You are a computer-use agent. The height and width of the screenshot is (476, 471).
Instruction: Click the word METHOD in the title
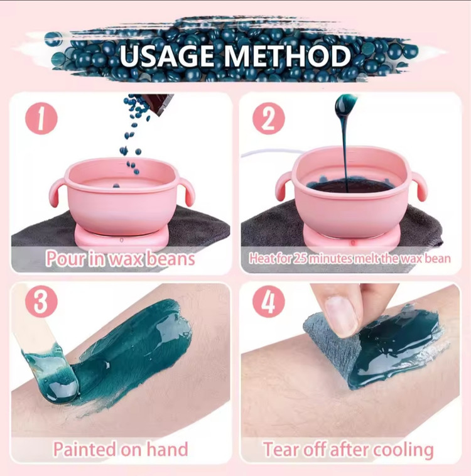287,56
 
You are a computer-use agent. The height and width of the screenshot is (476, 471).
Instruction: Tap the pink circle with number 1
41,119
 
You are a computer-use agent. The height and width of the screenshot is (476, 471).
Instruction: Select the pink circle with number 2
268,119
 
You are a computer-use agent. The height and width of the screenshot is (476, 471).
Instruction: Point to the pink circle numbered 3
41,301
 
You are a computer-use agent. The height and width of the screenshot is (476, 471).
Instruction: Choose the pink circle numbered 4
268,301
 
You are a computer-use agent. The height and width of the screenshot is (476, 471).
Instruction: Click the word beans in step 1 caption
171,259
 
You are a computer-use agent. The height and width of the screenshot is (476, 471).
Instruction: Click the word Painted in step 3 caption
84,449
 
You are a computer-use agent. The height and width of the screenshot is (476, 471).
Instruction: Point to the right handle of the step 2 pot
418,186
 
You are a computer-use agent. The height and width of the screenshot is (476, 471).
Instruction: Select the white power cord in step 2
271,153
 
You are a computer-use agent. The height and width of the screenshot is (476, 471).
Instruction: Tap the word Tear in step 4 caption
281,449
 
